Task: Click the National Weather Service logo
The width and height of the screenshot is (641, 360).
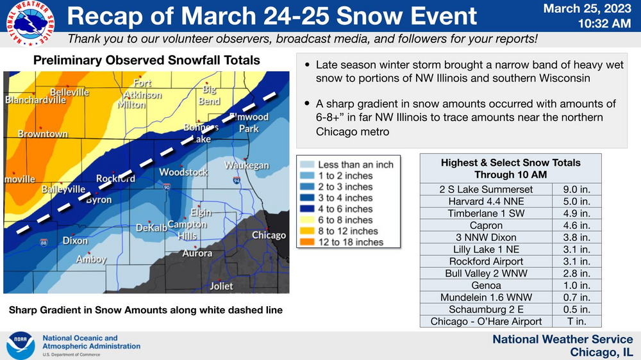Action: pyautogui.click(x=30, y=23)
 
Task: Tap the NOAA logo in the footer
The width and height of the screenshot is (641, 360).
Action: pyautogui.click(x=21, y=345)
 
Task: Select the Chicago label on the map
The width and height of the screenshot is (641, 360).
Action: pyautogui.click(x=269, y=235)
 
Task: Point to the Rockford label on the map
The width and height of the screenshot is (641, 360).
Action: pyautogui.click(x=115, y=178)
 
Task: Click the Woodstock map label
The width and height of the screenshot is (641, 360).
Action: pyautogui.click(x=183, y=172)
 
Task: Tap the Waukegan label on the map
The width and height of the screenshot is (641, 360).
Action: pyautogui.click(x=247, y=165)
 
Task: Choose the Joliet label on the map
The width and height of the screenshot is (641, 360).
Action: pyautogui.click(x=221, y=286)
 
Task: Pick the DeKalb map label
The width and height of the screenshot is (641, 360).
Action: pyautogui.click(x=151, y=227)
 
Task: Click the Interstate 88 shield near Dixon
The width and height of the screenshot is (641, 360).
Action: pyautogui.click(x=44, y=243)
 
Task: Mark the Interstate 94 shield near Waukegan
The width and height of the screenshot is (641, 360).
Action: pyautogui.click(x=237, y=180)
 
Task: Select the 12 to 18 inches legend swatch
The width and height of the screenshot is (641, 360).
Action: pyautogui.click(x=307, y=242)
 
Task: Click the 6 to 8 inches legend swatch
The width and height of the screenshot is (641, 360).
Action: pyautogui.click(x=307, y=220)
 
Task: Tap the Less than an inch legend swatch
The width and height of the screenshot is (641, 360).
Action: pyautogui.click(x=307, y=164)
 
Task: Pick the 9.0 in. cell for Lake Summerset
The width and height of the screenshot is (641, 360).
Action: pyautogui.click(x=576, y=189)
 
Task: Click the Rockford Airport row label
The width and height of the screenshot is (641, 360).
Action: pyautogui.click(x=486, y=261)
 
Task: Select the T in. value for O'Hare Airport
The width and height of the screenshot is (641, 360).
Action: pyautogui.click(x=576, y=322)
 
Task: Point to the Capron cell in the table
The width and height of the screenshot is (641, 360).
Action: pyautogui.click(x=486, y=225)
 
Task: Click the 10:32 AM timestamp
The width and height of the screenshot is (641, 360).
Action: pyautogui.click(x=604, y=24)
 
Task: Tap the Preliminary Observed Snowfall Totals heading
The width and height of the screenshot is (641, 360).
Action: pyautogui.click(x=146, y=60)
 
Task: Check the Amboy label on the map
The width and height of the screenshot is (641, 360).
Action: pyautogui.click(x=91, y=259)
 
